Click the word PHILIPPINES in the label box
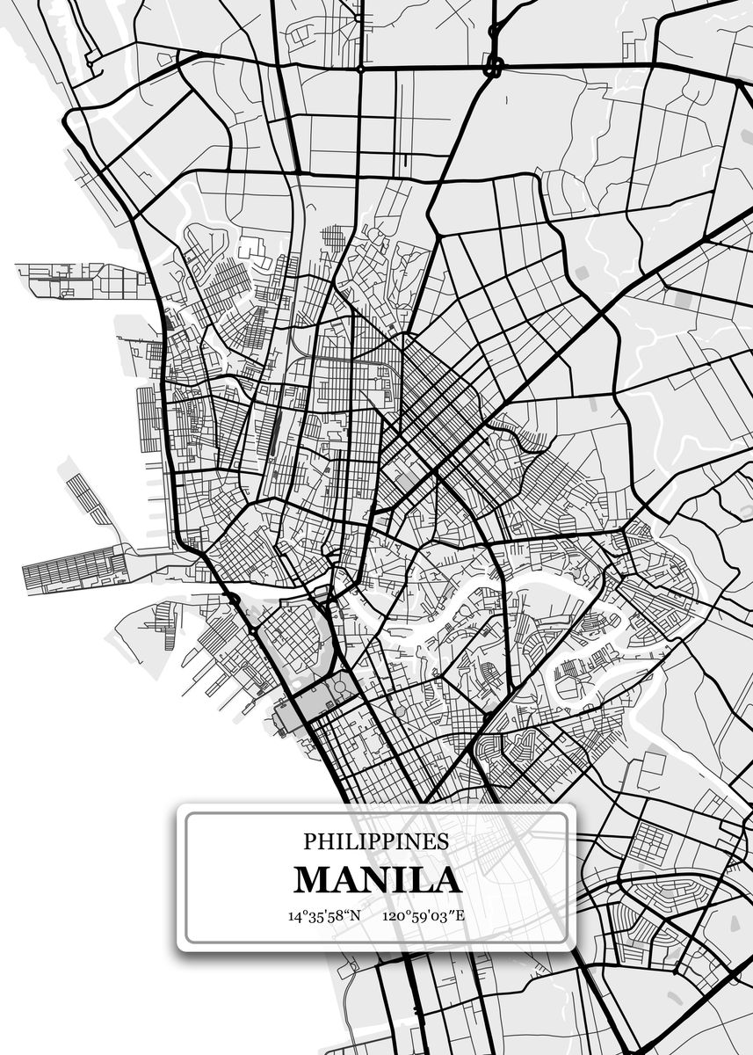376,840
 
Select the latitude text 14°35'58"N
324,915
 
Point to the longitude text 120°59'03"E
423,915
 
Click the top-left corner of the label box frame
186,812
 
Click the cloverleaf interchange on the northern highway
494,66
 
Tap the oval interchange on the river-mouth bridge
234,599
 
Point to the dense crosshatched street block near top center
334,237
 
